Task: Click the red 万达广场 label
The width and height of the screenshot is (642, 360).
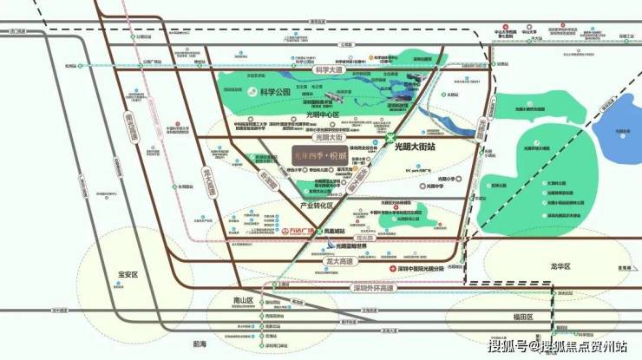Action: tap(301, 232)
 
